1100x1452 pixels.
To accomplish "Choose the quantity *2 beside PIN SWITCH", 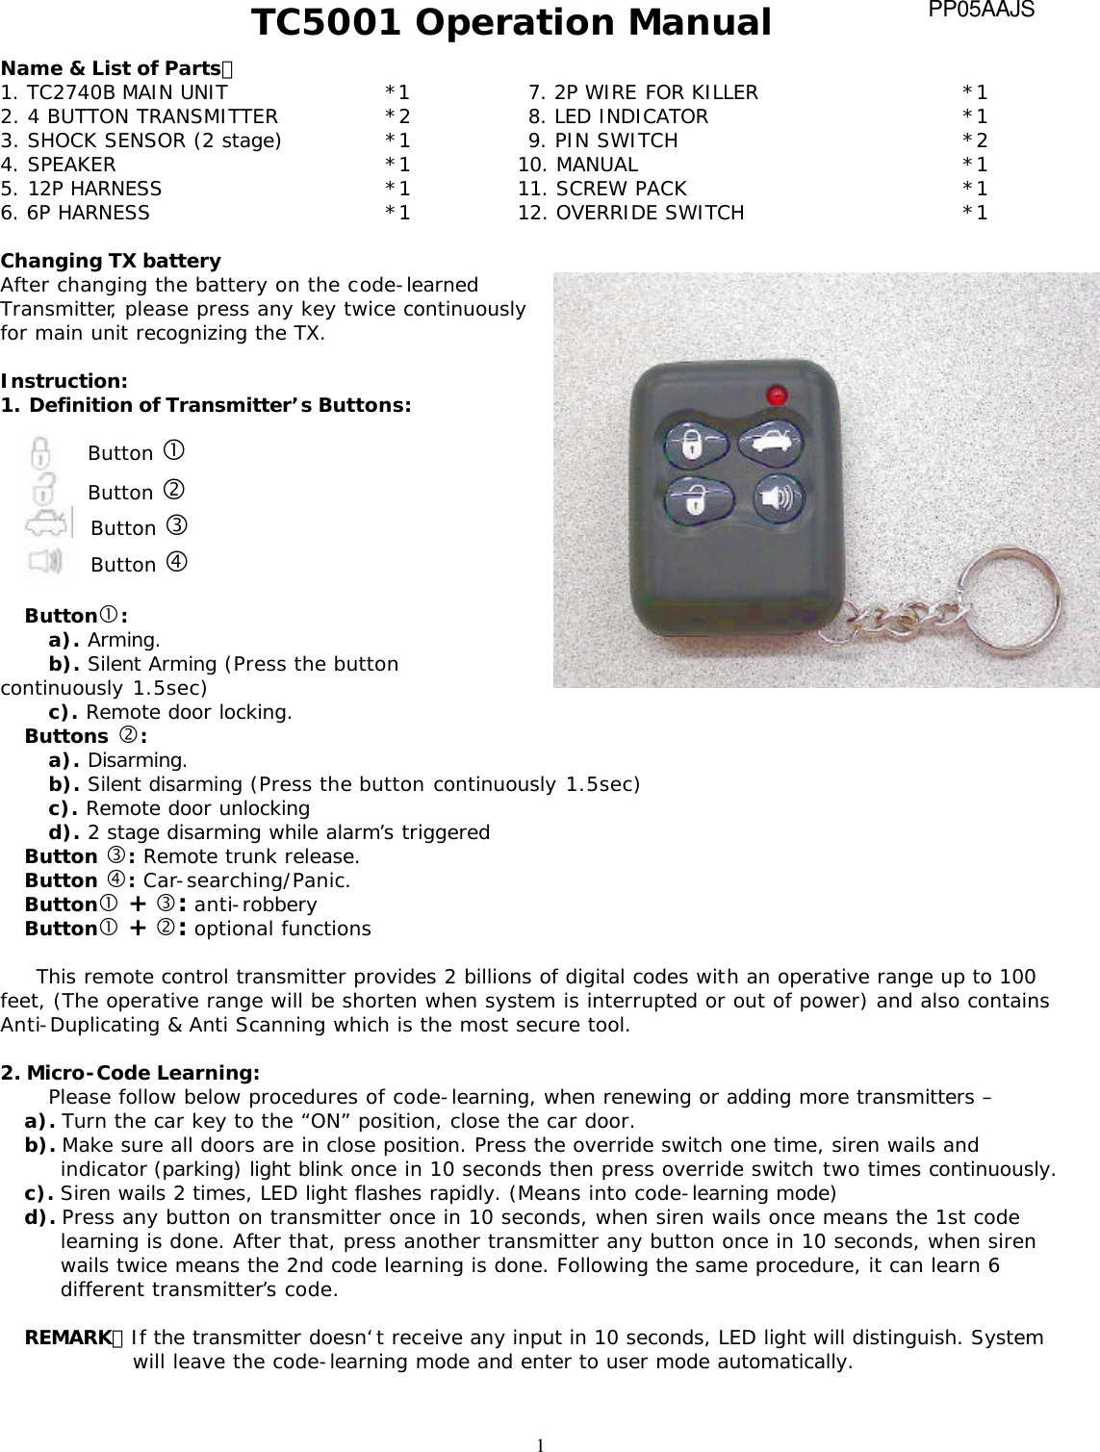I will (x=975, y=140).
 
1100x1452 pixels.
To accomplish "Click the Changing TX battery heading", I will (x=111, y=261).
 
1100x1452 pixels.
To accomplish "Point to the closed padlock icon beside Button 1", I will (x=40, y=452).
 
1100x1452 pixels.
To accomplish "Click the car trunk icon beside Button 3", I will (x=48, y=525).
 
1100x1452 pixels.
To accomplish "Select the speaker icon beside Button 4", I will (x=45, y=560).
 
